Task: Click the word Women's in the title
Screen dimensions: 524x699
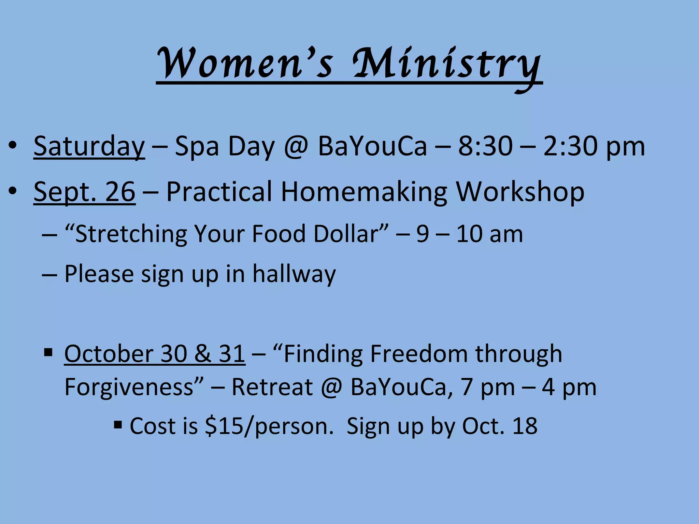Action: (x=244, y=63)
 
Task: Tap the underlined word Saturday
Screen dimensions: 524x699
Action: (x=89, y=146)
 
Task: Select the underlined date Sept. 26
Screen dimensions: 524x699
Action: (x=84, y=192)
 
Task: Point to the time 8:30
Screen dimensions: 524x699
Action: (x=485, y=146)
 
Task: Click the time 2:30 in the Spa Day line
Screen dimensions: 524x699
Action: (x=570, y=146)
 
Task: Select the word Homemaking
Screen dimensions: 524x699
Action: (x=364, y=192)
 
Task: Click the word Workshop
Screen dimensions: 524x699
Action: (x=520, y=192)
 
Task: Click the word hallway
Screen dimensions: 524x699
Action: (x=294, y=274)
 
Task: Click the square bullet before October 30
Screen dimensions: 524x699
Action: (x=48, y=352)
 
